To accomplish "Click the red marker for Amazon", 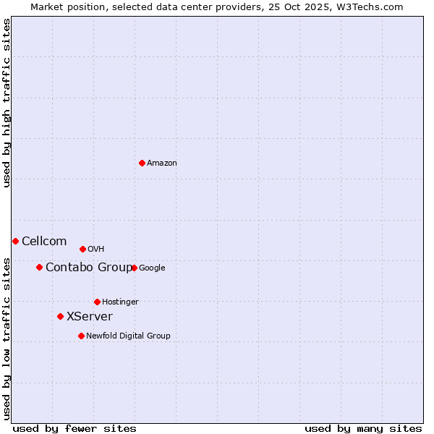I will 142,163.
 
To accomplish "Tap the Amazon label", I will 162,163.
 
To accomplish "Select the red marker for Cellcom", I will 15,241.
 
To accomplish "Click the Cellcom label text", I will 44,242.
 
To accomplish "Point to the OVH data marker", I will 82,249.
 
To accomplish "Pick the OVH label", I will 96,250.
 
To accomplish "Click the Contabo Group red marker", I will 39,267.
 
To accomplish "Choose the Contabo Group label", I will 89,268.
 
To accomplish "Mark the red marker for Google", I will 135,268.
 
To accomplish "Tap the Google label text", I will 152,268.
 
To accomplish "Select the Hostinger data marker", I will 97,302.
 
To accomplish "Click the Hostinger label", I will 120,302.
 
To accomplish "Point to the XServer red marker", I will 60,316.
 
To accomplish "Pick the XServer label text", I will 90,317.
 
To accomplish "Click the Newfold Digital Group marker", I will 81,336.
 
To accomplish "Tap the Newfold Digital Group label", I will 128,336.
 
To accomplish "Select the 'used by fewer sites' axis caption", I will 75,428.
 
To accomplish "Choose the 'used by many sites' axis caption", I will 363,428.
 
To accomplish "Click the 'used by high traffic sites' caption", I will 7,103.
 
